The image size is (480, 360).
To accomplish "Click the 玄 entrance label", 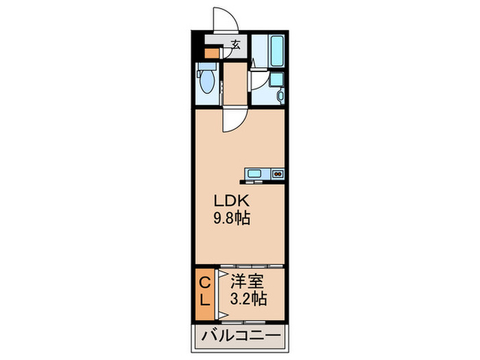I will pos(235,47).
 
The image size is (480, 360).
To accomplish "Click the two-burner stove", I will pos(278,173).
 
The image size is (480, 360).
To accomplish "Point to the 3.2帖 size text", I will pos(249,300).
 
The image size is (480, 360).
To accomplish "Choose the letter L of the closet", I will pos(204,300).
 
